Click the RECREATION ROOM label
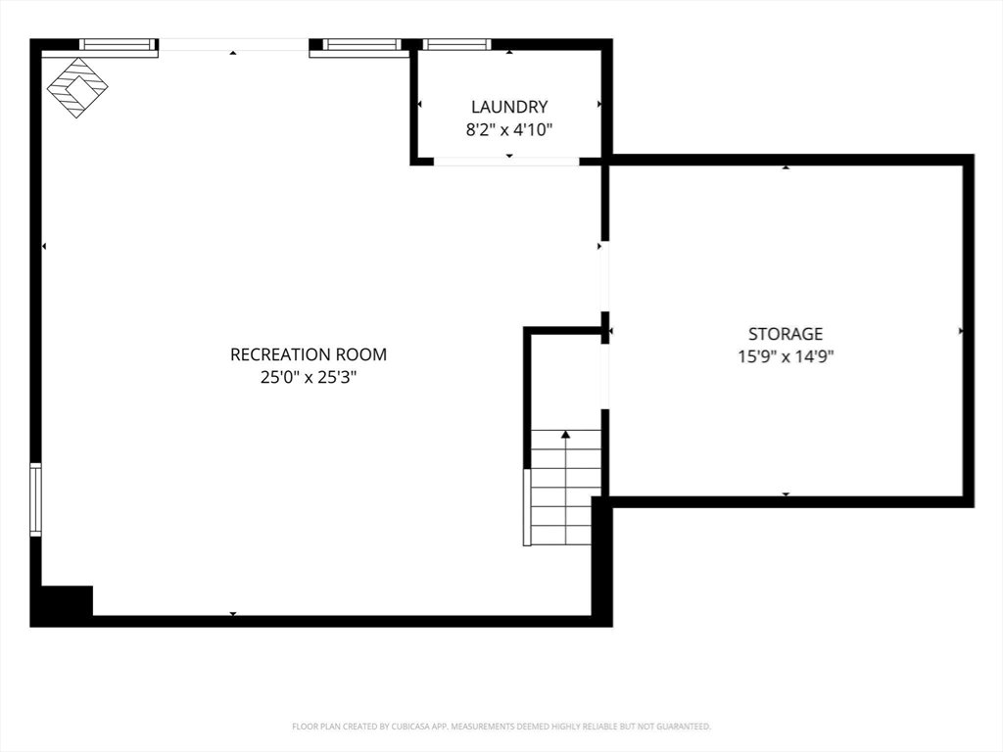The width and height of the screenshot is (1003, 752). [309, 354]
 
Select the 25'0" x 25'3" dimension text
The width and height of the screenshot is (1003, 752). [309, 377]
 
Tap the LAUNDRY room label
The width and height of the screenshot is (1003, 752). [509, 107]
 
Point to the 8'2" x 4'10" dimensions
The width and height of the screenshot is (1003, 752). [509, 130]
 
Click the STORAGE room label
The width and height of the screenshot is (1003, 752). [786, 334]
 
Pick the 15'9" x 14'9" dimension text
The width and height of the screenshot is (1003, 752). [786, 356]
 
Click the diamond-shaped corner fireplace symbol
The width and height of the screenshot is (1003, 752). [77, 87]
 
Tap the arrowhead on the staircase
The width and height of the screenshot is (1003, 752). [565, 435]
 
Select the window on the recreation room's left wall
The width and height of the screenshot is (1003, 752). [36, 499]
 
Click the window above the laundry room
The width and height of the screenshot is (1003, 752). [456, 44]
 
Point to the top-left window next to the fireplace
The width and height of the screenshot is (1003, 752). [119, 44]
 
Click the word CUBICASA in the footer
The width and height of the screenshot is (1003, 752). [413, 727]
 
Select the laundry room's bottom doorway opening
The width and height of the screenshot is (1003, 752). [506, 162]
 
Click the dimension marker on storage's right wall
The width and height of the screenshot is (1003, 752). [961, 331]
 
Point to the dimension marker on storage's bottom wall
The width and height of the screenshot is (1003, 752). [786, 494]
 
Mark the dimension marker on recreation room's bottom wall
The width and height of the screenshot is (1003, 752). [233, 614]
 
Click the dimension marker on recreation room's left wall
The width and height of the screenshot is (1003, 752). [44, 246]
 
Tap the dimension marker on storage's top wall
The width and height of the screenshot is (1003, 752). [786, 167]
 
